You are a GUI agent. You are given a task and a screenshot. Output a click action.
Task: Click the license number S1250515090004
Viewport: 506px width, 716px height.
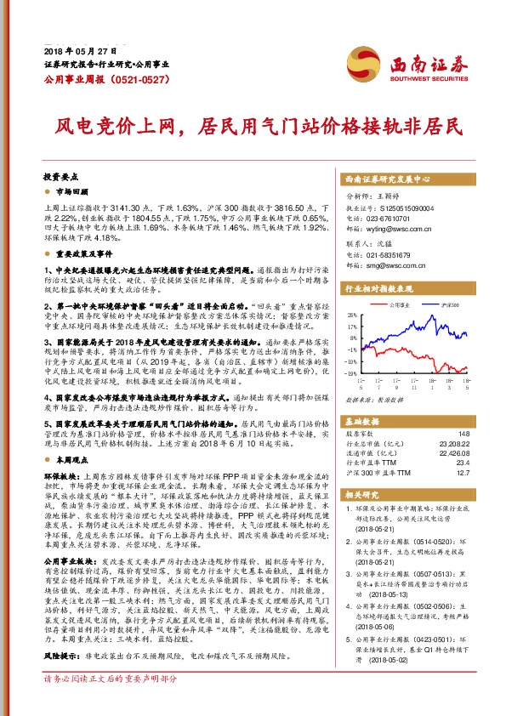click(x=398, y=205)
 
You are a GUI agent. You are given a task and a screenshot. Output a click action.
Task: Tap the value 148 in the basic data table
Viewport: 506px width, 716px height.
click(x=463, y=434)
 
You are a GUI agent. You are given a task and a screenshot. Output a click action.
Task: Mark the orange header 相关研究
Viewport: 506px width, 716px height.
click(x=361, y=493)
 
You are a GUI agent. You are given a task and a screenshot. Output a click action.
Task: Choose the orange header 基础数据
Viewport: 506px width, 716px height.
click(x=361, y=422)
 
